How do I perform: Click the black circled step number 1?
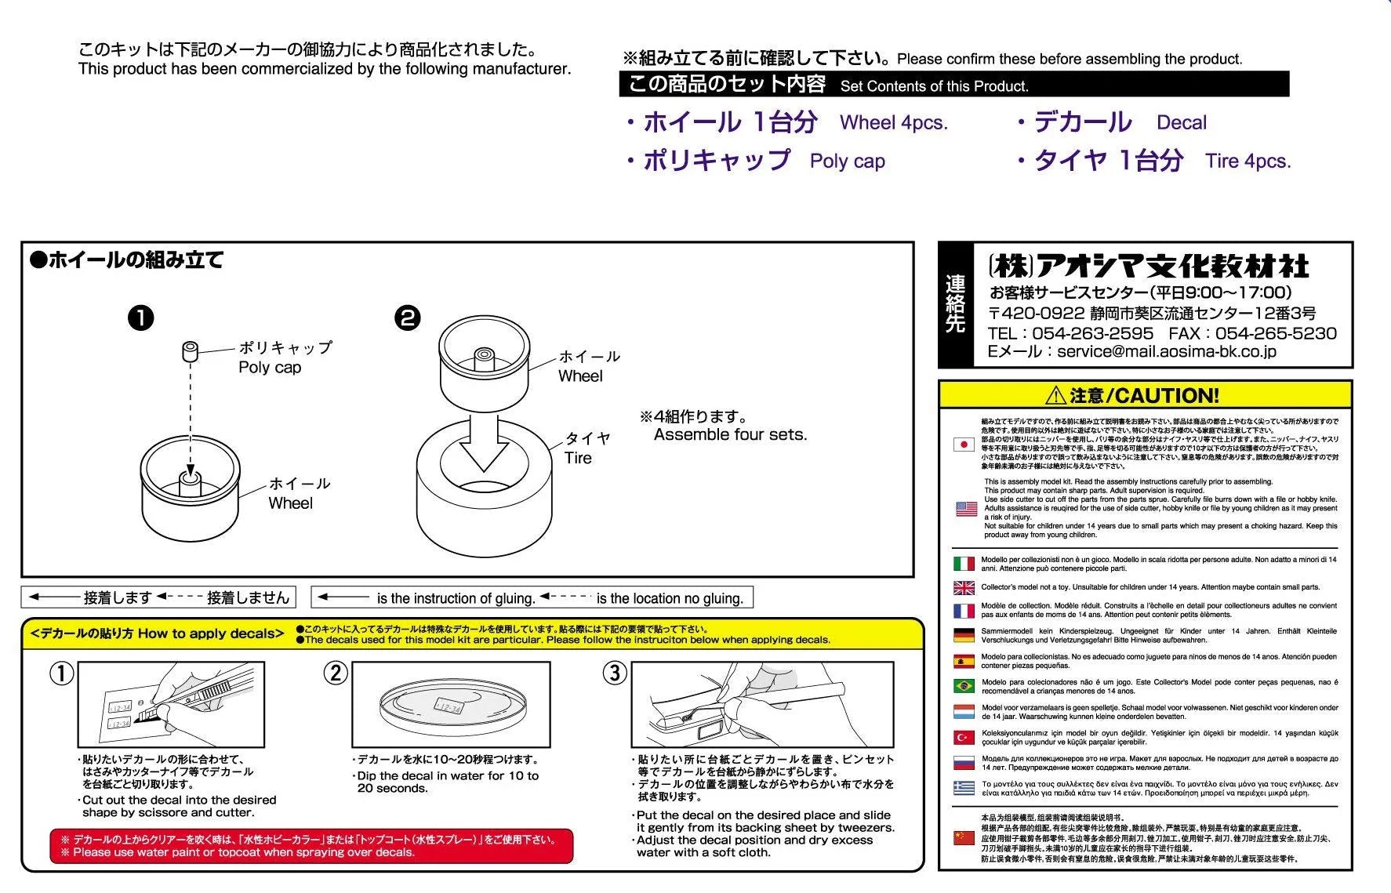(140, 318)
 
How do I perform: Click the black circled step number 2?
(408, 318)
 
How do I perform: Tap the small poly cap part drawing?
(190, 351)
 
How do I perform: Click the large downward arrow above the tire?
(484, 444)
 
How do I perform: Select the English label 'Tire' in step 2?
(578, 458)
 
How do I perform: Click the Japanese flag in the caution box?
(964, 445)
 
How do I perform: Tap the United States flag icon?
(966, 509)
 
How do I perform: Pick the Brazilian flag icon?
(964, 686)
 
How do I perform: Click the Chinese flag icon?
(964, 838)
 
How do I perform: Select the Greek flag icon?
(964, 788)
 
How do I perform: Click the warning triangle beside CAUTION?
(1055, 396)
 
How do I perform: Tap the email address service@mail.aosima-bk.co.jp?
(1166, 352)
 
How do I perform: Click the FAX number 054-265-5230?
(1276, 333)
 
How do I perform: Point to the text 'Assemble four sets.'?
(730, 435)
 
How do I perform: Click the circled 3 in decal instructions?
(615, 673)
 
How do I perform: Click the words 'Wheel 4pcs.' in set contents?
(893, 123)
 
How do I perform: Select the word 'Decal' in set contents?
(1181, 123)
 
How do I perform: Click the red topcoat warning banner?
(311, 846)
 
